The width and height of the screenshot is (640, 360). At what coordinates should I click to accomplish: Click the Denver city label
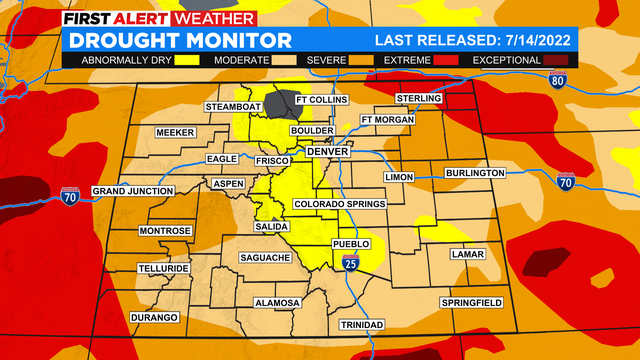click(x=329, y=152)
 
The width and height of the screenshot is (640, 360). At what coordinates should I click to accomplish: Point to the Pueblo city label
click(x=351, y=243)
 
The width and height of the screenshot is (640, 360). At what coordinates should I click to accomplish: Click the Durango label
click(x=154, y=317)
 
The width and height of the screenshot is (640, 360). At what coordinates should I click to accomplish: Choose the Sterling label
click(x=419, y=98)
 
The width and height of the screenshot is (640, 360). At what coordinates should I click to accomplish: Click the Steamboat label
click(x=233, y=106)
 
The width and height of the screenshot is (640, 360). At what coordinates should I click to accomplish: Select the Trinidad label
click(x=362, y=326)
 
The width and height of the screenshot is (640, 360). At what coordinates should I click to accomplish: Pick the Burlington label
click(x=475, y=173)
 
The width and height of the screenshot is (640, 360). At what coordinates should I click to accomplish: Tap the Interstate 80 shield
click(x=558, y=82)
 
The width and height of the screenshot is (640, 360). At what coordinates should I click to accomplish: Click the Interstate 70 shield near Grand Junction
click(x=70, y=196)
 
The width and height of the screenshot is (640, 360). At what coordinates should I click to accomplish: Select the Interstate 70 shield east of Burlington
click(x=566, y=181)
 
